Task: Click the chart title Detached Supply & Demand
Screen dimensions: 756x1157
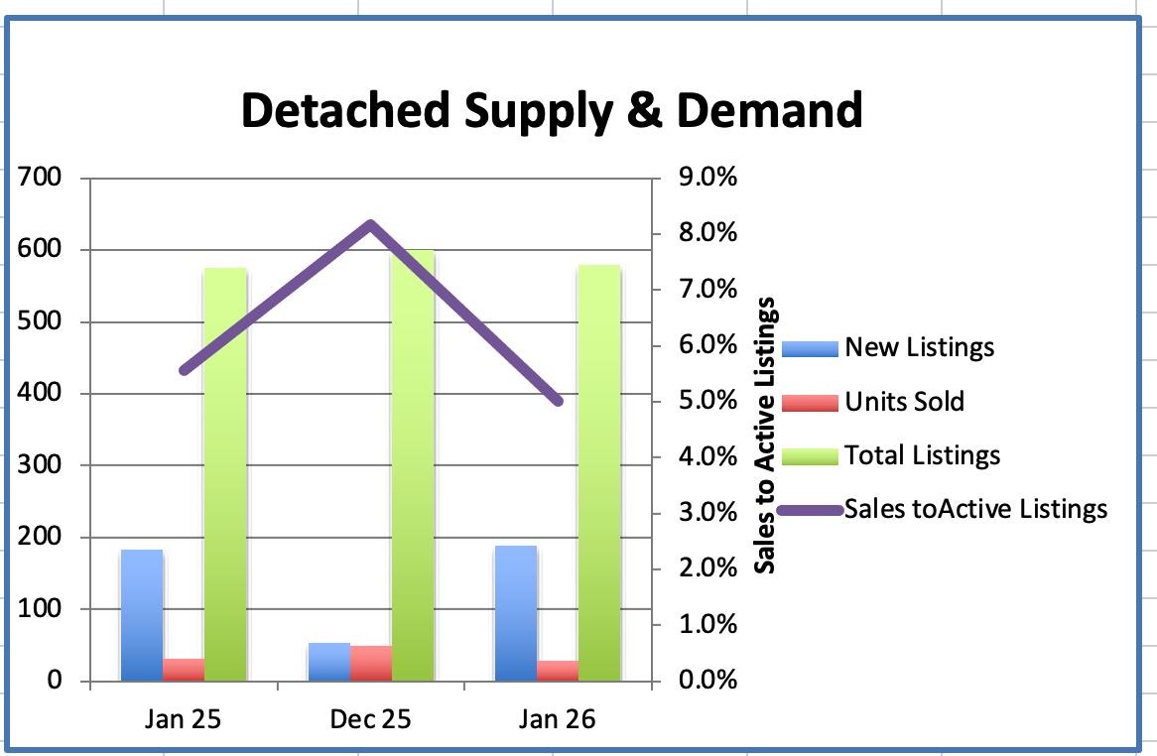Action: [x=551, y=111]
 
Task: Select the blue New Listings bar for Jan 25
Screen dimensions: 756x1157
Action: [x=142, y=615]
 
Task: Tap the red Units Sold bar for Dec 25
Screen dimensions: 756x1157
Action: [x=371, y=663]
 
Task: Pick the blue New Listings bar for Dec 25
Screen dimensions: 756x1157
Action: [x=329, y=662]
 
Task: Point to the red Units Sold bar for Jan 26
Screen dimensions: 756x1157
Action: [x=558, y=670]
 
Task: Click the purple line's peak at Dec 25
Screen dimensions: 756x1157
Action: [x=371, y=225]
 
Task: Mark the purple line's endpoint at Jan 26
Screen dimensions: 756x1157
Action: [x=558, y=401]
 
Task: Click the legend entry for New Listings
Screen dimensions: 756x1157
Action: [x=919, y=347]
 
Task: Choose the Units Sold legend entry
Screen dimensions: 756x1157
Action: [x=904, y=401]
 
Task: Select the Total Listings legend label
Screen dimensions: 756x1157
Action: [x=922, y=455]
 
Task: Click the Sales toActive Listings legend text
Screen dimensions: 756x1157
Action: [x=975, y=509]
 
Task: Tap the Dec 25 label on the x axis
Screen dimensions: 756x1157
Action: [x=370, y=719]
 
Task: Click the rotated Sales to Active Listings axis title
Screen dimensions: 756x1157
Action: [x=765, y=437]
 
